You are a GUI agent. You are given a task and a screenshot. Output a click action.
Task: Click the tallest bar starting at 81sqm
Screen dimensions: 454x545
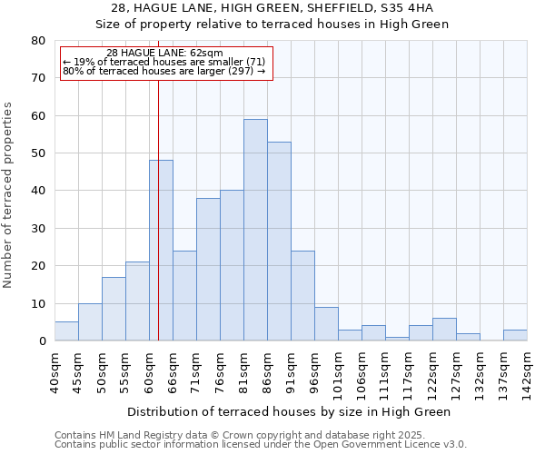255,230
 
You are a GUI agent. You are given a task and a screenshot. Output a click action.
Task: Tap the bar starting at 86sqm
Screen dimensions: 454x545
279,242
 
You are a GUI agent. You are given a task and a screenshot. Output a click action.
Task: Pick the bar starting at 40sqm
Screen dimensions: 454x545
66,331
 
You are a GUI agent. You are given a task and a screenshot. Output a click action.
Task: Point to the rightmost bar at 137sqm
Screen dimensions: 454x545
515,335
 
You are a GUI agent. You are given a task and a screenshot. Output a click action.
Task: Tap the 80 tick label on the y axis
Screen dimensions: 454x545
38,41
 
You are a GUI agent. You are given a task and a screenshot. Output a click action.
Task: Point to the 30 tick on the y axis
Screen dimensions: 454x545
38,229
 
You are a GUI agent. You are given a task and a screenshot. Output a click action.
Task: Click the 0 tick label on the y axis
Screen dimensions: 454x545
42,341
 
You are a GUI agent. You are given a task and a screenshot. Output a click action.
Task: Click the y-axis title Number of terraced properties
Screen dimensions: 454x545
8,194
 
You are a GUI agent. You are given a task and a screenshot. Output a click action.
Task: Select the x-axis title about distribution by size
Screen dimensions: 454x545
289,411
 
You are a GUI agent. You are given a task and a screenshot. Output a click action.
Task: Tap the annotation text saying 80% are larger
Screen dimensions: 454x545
164,71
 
